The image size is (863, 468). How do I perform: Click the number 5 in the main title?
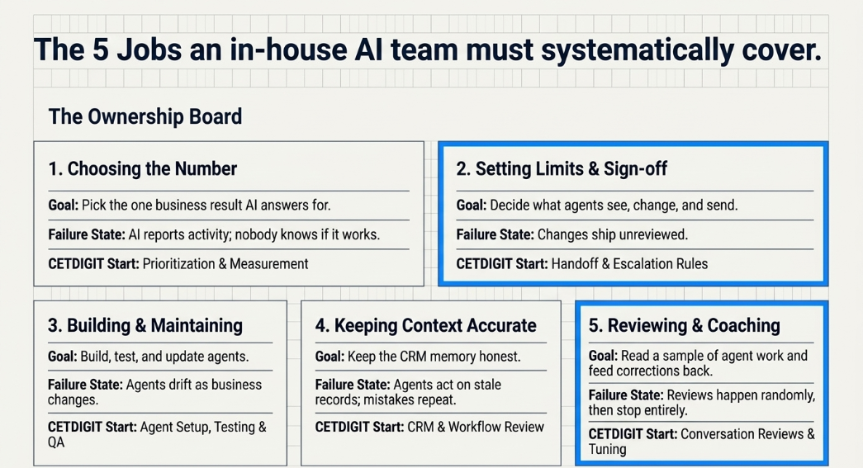point(100,50)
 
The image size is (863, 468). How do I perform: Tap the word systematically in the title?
point(638,51)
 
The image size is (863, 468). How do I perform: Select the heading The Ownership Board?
point(145,116)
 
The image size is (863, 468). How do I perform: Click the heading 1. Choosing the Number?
point(143,169)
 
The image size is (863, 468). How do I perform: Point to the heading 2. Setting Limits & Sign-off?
point(562,169)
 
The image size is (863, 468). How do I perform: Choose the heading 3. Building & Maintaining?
point(145,325)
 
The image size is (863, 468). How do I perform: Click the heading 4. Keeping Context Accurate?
point(425,325)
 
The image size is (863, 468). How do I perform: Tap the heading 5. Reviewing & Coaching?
point(684,325)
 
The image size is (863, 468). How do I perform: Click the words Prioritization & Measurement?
point(225,264)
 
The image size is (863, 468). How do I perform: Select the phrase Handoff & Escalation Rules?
point(629,264)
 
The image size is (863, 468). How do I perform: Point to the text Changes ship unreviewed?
point(613,234)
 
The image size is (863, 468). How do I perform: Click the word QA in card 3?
point(56,442)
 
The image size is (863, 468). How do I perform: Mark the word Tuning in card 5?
point(608,450)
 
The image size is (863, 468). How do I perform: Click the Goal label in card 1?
point(64,206)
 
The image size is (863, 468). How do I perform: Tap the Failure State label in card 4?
point(353,385)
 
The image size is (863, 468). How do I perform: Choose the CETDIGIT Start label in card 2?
point(502,264)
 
